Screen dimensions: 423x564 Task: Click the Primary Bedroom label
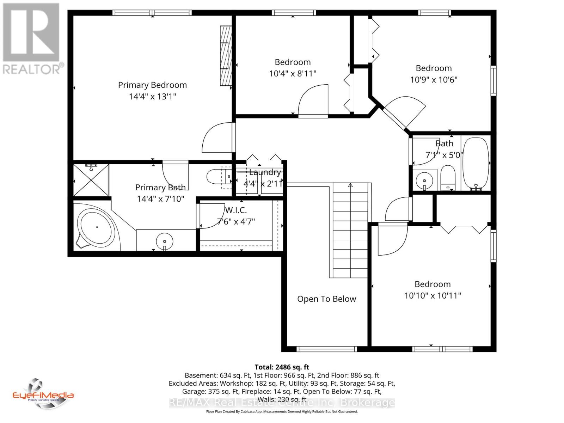152,85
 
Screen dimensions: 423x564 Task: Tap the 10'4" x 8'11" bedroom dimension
293,74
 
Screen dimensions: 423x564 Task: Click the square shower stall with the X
91,180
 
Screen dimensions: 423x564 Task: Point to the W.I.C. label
236,210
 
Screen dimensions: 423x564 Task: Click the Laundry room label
265,172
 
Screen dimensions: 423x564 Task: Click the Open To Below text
326,299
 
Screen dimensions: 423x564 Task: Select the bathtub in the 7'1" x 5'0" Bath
476,164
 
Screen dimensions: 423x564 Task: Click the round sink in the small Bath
424,180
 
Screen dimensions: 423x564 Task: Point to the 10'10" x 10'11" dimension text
433,295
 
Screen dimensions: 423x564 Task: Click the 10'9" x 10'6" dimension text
434,80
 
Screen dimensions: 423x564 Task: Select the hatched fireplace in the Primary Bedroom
226,55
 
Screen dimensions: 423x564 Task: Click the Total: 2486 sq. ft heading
282,367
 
